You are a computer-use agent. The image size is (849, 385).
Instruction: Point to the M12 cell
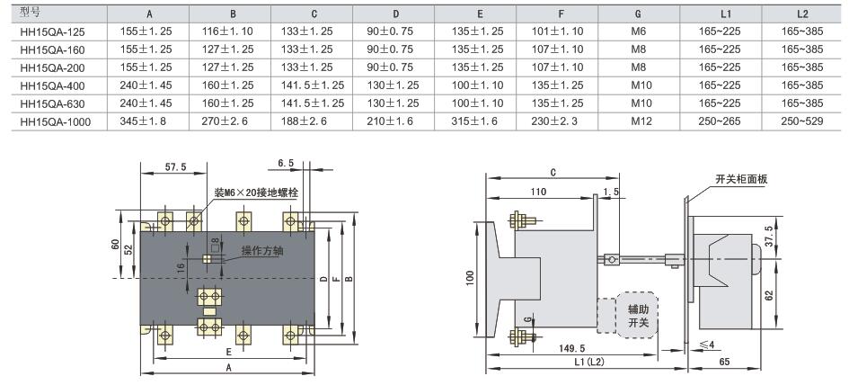[640, 121]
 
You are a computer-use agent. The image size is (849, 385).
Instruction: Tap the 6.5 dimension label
[287, 163]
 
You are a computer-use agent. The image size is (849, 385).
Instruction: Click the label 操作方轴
[262, 250]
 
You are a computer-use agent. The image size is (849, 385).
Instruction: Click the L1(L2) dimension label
[592, 363]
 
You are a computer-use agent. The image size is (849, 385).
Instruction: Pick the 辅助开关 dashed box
[637, 316]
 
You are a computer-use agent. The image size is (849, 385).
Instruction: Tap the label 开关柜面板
[742, 179]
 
